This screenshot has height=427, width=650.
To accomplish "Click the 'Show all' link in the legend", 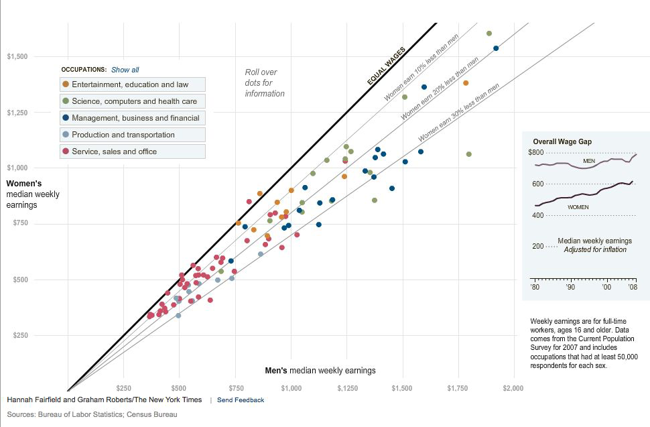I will point(125,70).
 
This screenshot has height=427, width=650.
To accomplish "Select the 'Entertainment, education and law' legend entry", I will point(132,84).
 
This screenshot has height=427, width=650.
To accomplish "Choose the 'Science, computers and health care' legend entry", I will point(132,101).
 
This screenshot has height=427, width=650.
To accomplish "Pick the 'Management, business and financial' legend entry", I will point(132,118).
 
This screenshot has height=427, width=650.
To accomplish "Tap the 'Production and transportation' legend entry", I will point(132,135).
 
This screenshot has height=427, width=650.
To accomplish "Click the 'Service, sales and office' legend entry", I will point(132,151).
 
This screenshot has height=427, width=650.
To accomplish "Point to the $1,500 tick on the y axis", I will point(17,56).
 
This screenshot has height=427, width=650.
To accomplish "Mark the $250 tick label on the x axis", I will point(123,388).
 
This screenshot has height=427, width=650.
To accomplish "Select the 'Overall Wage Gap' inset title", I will point(562,141).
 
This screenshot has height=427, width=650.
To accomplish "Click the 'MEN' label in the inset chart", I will point(589,161).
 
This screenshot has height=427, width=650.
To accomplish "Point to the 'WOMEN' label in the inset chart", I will point(578,207).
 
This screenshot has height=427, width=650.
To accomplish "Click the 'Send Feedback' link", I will point(241,400).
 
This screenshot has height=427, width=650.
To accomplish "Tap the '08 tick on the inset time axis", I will point(633,287).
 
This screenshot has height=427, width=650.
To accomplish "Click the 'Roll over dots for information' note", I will point(264,82).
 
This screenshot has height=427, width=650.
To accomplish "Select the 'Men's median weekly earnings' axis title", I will point(320,371).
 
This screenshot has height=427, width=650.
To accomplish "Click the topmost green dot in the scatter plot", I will point(489,34).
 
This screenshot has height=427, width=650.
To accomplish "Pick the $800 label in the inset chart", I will point(534,153).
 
